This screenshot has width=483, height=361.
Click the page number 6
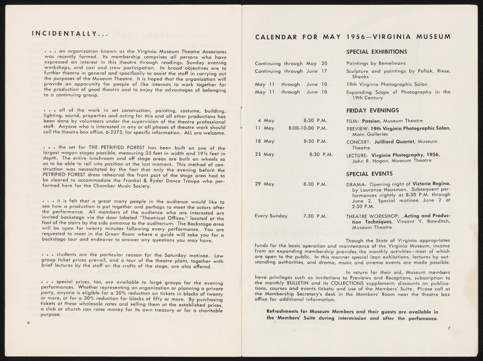(x=28, y=322)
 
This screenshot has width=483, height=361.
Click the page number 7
(x=449, y=327)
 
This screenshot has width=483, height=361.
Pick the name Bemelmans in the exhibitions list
(x=399, y=63)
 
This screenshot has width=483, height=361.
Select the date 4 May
(x=263, y=121)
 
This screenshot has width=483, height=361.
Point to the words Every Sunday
(x=272, y=216)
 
